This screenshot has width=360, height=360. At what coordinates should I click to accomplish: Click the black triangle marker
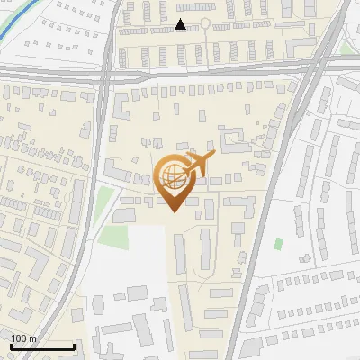[181, 24]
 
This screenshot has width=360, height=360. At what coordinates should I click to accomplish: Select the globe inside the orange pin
[171, 176]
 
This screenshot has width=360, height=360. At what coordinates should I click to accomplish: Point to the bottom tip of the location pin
[171, 212]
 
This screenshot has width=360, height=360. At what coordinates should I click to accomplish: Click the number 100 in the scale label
[20, 338]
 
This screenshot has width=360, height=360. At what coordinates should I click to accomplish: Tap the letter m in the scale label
[33, 338]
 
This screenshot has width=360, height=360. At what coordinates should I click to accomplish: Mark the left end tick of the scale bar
[10, 346]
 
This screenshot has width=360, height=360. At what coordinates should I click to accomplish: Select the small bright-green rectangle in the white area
[278, 244]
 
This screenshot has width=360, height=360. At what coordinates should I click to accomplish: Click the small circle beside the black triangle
[204, 22]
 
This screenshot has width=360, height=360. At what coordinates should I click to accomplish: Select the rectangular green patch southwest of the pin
[112, 237]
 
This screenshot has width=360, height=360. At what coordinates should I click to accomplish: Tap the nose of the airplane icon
[214, 155]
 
